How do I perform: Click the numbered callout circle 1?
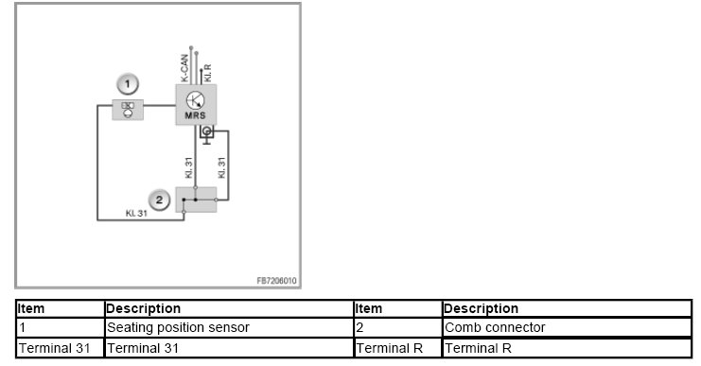pyautogui.click(x=128, y=84)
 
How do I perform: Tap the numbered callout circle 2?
pyautogui.click(x=159, y=200)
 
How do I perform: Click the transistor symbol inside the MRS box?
pyautogui.click(x=196, y=100)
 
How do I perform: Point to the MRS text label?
pyautogui.click(x=196, y=115)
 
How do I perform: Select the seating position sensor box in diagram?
pyautogui.click(x=128, y=110)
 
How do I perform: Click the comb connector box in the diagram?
pyautogui.click(x=196, y=200)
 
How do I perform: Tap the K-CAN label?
pyautogui.click(x=184, y=68)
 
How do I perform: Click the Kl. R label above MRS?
pyautogui.click(x=207, y=73)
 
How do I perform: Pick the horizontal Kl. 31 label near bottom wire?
pyautogui.click(x=136, y=214)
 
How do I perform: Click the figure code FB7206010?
pyautogui.click(x=276, y=281)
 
